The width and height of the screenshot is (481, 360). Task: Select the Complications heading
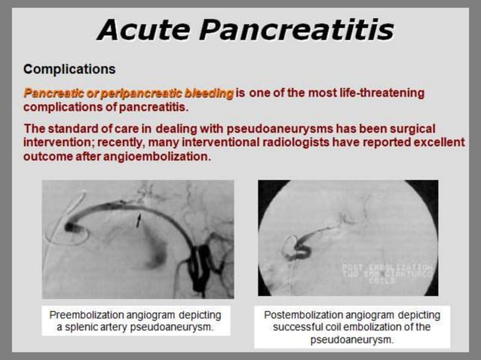pos(69,69)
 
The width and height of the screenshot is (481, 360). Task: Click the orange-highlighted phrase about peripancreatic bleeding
pos(128,93)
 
